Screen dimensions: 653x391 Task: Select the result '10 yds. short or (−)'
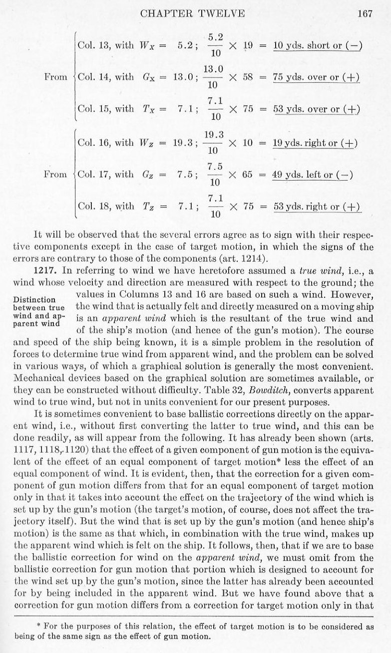pos(318,45)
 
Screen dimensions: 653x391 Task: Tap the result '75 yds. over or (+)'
pos(317,77)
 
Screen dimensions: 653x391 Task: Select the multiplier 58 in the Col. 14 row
pos(249,77)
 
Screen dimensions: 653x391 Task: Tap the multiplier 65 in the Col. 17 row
pos(249,174)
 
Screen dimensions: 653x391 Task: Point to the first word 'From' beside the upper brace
pos(55,77)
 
